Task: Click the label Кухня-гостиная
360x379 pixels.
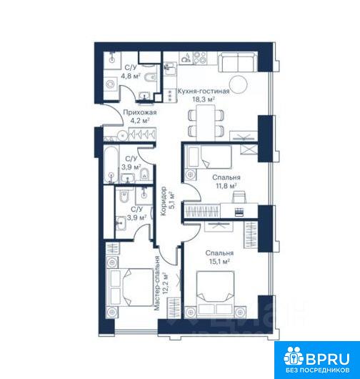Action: (x=204, y=92)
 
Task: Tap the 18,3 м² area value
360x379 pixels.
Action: (x=204, y=99)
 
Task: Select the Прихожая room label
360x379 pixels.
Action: (x=140, y=112)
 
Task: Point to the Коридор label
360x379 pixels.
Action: (x=164, y=201)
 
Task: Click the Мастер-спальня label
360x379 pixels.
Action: (x=157, y=282)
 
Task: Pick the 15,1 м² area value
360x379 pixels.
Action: (x=219, y=261)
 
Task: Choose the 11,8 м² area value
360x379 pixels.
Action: (x=226, y=186)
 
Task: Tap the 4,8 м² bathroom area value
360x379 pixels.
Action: (x=131, y=76)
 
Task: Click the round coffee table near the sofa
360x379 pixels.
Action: (x=238, y=84)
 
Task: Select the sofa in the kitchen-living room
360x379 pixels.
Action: (x=238, y=62)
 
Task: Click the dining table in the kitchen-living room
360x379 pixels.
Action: (x=206, y=123)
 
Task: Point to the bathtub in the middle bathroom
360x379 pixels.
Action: (x=111, y=164)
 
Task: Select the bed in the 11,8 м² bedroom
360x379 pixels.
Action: (x=209, y=157)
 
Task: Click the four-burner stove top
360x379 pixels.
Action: (x=200, y=58)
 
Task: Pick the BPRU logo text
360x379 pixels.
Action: (x=328, y=359)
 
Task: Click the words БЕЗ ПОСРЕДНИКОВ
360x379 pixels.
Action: (x=318, y=370)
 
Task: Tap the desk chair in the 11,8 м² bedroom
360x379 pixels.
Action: (x=239, y=197)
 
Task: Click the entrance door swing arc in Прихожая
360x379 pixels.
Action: (x=122, y=116)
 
